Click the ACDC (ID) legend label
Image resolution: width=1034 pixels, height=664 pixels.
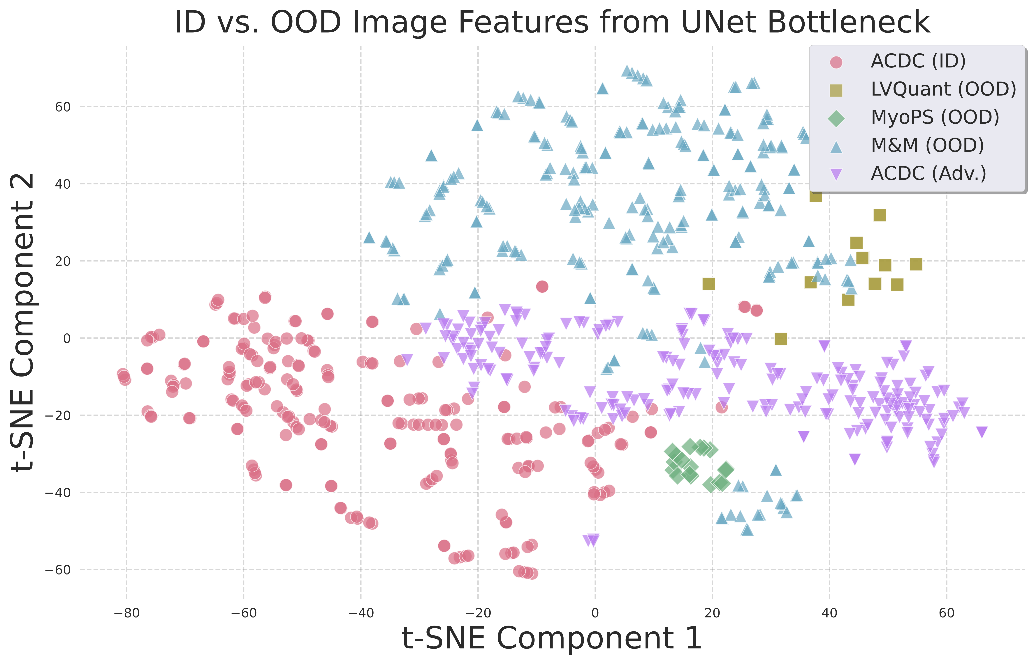[918, 61]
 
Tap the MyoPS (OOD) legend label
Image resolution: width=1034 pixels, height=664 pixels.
[935, 117]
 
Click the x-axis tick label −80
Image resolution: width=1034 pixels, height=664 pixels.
[126, 613]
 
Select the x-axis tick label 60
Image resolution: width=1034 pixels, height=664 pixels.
[947, 613]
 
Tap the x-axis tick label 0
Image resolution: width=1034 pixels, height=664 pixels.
[595, 613]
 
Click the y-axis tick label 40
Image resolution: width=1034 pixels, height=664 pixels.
[63, 184]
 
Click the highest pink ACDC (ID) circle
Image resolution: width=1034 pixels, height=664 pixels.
[542, 286]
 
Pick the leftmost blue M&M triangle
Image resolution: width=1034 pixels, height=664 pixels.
[369, 237]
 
